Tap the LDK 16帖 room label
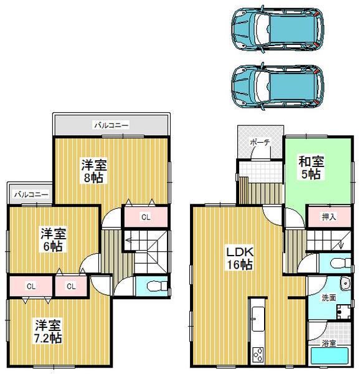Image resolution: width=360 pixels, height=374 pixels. pyautogui.click(x=239, y=259)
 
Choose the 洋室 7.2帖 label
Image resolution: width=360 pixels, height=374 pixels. pyautogui.click(x=47, y=331)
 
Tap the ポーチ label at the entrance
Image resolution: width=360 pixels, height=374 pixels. pyautogui.click(x=260, y=143)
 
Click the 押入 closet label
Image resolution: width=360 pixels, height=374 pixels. pyautogui.click(x=329, y=217)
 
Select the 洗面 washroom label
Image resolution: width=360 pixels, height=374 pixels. pyautogui.click(x=329, y=298)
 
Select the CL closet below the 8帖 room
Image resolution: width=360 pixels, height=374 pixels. pyautogui.click(x=144, y=218)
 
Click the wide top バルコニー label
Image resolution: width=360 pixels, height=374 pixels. pyautogui.click(x=111, y=125)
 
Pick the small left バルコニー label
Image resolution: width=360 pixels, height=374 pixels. pyautogui.click(x=31, y=194)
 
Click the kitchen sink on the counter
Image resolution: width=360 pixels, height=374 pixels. pyautogui.click(x=257, y=318)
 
